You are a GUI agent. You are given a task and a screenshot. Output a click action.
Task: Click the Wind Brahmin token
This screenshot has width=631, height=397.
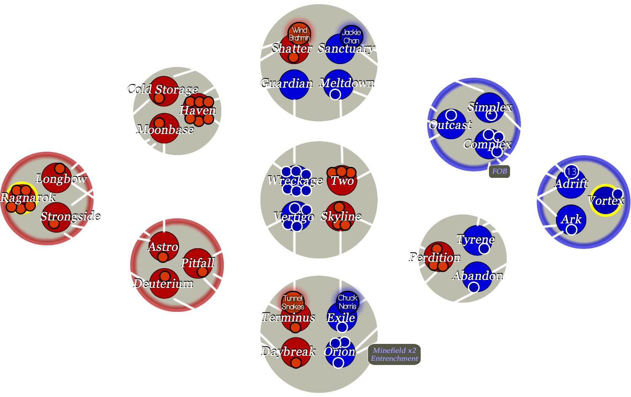(299, 34)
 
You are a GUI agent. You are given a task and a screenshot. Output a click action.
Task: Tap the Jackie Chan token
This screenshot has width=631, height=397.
(351, 36)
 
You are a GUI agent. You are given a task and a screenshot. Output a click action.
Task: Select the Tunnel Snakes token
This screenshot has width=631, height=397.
(293, 302)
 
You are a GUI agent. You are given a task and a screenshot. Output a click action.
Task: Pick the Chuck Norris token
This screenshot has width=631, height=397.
(348, 302)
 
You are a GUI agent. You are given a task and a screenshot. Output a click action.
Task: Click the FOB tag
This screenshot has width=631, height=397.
(499, 171)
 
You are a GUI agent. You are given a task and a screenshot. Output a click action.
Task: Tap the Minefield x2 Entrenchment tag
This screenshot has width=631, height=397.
(395, 354)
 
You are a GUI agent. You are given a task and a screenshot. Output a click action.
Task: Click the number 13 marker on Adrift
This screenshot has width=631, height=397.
(571, 172)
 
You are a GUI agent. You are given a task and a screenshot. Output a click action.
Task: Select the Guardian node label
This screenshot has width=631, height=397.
(287, 83)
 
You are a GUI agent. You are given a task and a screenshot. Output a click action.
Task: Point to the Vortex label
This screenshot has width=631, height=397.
(606, 201)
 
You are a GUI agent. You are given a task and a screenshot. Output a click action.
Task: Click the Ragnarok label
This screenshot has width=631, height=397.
(28, 197)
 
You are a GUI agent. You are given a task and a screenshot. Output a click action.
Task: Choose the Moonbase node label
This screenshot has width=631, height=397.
(165, 129)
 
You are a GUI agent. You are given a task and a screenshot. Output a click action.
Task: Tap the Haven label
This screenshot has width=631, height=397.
(198, 110)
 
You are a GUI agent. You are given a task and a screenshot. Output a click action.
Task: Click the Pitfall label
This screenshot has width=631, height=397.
(198, 263)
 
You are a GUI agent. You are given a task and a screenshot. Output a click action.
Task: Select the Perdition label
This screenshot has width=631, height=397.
(435, 257)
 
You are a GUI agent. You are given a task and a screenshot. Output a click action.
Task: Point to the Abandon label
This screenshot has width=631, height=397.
(478, 276)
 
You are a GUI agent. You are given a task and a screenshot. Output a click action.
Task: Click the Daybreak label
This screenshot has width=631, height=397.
(288, 351)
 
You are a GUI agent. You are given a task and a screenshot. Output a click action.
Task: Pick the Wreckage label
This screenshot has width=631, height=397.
(295, 180)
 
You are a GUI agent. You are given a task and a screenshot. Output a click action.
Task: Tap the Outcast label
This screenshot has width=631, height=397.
(450, 125)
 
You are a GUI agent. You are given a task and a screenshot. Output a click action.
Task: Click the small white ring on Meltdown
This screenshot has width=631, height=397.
(335, 94)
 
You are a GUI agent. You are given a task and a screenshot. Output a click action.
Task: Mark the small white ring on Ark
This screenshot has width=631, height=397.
(571, 229)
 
